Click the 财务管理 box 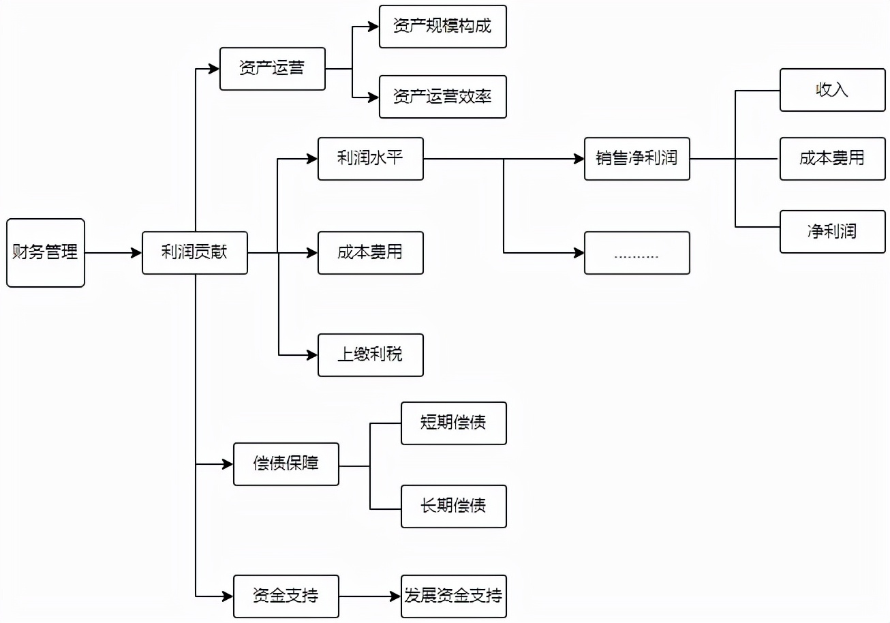tap(46, 253)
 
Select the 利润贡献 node tap(195, 253)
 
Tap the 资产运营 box tap(273, 69)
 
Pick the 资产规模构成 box tap(442, 27)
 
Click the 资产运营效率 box tap(442, 97)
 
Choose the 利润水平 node tap(371, 159)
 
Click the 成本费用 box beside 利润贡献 tap(371, 253)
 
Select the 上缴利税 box tap(371, 355)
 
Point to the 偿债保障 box tap(286, 464)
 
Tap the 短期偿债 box tap(454, 423)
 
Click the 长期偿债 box tap(454, 506)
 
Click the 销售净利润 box tap(637, 159)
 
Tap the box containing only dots tap(637, 253)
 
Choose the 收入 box tap(833, 90)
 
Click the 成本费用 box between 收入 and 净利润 tap(833, 159)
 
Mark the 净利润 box tap(833, 232)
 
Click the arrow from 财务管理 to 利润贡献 tap(113, 253)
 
